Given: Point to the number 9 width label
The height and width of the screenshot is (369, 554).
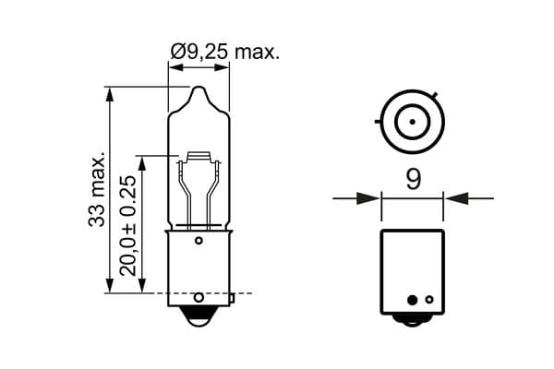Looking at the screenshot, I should pyautogui.click(x=413, y=179).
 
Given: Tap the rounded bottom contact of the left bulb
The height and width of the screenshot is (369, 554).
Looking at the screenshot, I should pyautogui.click(x=199, y=315).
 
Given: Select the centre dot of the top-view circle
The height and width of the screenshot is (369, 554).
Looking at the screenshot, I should pyautogui.click(x=412, y=122).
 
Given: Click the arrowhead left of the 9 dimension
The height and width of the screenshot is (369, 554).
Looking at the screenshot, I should pyautogui.click(x=370, y=196).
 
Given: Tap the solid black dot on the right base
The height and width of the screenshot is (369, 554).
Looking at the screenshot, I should pyautogui.click(x=413, y=299).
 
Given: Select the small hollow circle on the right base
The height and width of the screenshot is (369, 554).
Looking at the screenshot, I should pyautogui.click(x=428, y=299).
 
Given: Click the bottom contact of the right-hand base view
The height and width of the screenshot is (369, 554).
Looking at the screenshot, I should pyautogui.click(x=412, y=319).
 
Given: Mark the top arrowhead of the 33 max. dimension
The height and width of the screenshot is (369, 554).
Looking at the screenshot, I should pyautogui.click(x=110, y=93).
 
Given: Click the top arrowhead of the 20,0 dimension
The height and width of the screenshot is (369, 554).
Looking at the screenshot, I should pyautogui.click(x=142, y=161).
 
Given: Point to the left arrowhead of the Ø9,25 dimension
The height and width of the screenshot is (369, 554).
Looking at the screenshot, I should pyautogui.click(x=174, y=65).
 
